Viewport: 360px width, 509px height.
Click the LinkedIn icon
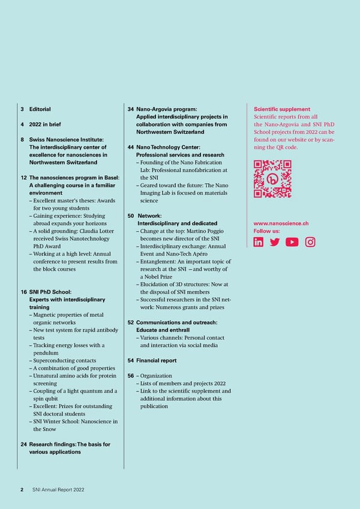click(259, 242)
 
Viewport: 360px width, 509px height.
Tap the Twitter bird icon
click(275, 242)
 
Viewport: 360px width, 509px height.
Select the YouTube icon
click(292, 242)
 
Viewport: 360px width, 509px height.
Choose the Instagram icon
click(310, 242)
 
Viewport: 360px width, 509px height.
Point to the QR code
click(272, 178)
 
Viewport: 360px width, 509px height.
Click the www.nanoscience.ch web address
click(281, 223)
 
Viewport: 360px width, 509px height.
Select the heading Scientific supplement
click(282, 109)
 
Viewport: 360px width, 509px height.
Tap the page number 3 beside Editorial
click(22, 109)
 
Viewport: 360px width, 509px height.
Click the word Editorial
click(40, 109)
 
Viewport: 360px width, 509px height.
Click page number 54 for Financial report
click(131, 361)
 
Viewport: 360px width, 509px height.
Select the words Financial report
click(157, 361)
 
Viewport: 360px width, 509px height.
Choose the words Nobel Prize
click(157, 277)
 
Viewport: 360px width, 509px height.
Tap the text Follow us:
click(266, 231)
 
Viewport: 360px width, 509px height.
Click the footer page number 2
click(22, 490)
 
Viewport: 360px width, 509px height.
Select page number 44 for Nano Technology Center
click(131, 148)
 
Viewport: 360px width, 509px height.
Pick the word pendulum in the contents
click(46, 353)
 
